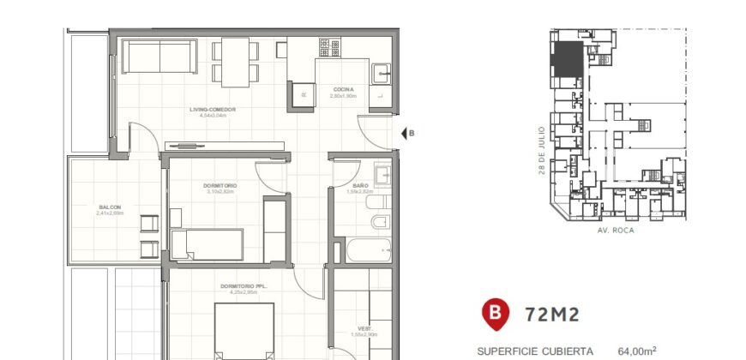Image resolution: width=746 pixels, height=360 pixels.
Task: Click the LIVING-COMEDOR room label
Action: (214, 110)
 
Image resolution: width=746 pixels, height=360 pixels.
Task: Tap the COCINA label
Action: (342, 90)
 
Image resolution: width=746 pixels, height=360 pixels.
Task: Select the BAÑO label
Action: (360, 186)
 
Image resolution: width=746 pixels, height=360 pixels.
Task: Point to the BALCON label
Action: (110, 207)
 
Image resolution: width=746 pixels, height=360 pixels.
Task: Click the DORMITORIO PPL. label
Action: (244, 286)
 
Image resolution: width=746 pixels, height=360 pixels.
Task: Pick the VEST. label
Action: (364, 329)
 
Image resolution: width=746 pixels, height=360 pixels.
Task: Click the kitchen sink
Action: (382, 74)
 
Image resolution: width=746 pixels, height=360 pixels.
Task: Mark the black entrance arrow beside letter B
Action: (403, 133)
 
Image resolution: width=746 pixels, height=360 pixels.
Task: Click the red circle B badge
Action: (495, 314)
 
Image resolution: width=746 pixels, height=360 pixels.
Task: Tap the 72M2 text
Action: (551, 314)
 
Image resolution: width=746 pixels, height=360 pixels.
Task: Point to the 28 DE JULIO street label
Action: (542, 151)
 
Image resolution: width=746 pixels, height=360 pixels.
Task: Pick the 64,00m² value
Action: (637, 351)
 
